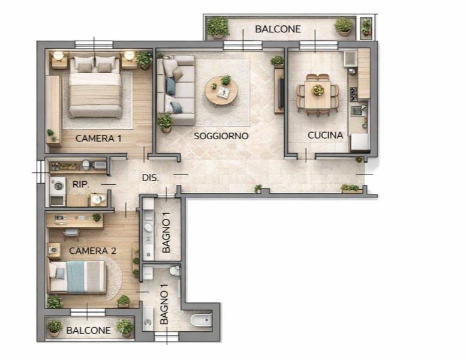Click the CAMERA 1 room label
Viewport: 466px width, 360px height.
[x=98, y=138]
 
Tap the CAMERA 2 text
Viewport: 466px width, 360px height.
[x=92, y=251]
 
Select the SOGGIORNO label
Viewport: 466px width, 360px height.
[x=221, y=136]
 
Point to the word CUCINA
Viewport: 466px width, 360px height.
[x=326, y=135]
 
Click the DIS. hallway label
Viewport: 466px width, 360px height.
[x=151, y=178]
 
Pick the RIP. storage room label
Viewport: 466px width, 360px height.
[x=81, y=184]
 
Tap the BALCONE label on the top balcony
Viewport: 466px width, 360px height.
[x=278, y=29]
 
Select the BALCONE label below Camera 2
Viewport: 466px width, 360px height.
[x=89, y=330]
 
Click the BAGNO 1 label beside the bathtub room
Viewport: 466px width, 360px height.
[x=164, y=304]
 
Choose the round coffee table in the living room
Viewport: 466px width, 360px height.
[x=221, y=91]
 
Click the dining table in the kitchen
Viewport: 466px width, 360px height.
[x=318, y=95]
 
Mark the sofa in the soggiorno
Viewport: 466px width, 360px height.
[x=176, y=90]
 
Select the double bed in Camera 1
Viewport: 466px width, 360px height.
[x=95, y=88]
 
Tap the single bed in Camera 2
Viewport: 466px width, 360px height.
[x=77, y=277]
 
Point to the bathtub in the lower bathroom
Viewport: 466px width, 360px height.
[x=201, y=320]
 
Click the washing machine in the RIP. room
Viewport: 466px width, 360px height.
[x=58, y=186]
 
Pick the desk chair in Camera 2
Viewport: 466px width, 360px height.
[x=71, y=233]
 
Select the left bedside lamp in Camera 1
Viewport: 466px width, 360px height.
[x=58, y=56]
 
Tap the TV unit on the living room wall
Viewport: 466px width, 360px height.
[x=279, y=91]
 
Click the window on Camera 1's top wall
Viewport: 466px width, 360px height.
[x=94, y=44]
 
